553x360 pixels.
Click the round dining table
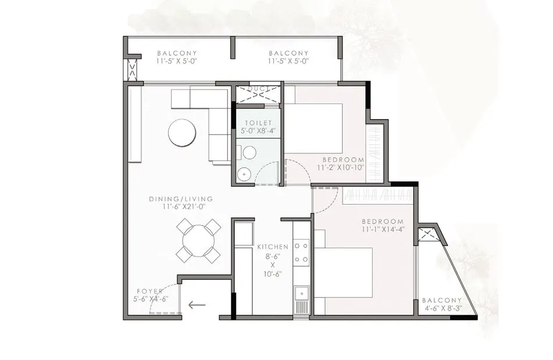click(198, 240)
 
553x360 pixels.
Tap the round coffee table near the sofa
click(182, 133)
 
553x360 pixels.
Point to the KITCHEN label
click(272, 247)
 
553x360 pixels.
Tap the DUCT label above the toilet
click(258, 89)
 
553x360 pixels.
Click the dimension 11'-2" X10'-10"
click(340, 167)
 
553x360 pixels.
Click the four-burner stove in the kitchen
click(301, 252)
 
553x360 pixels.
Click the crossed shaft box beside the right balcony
click(428, 234)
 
